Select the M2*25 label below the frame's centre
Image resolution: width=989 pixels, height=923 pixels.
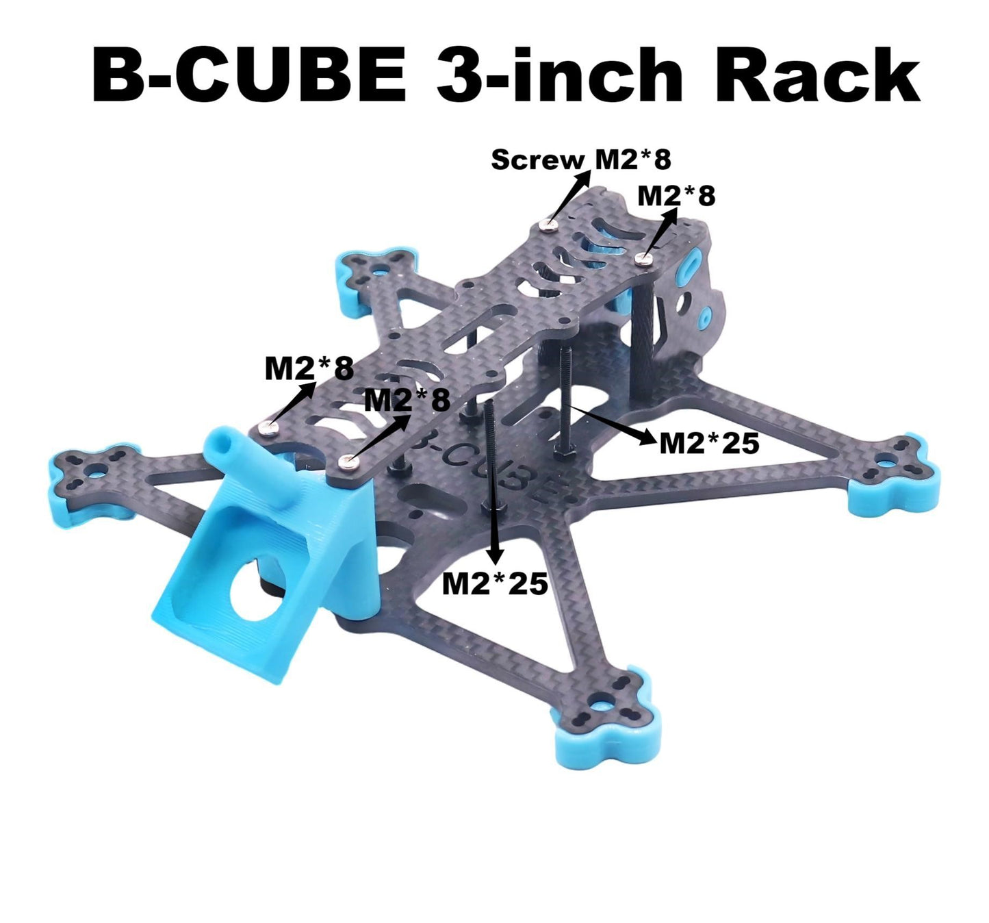coord(495,583)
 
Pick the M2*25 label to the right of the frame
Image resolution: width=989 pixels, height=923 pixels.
coord(709,444)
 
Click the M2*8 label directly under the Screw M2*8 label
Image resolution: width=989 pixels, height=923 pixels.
coord(676,196)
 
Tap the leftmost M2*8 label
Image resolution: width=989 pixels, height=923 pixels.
coord(309,369)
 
